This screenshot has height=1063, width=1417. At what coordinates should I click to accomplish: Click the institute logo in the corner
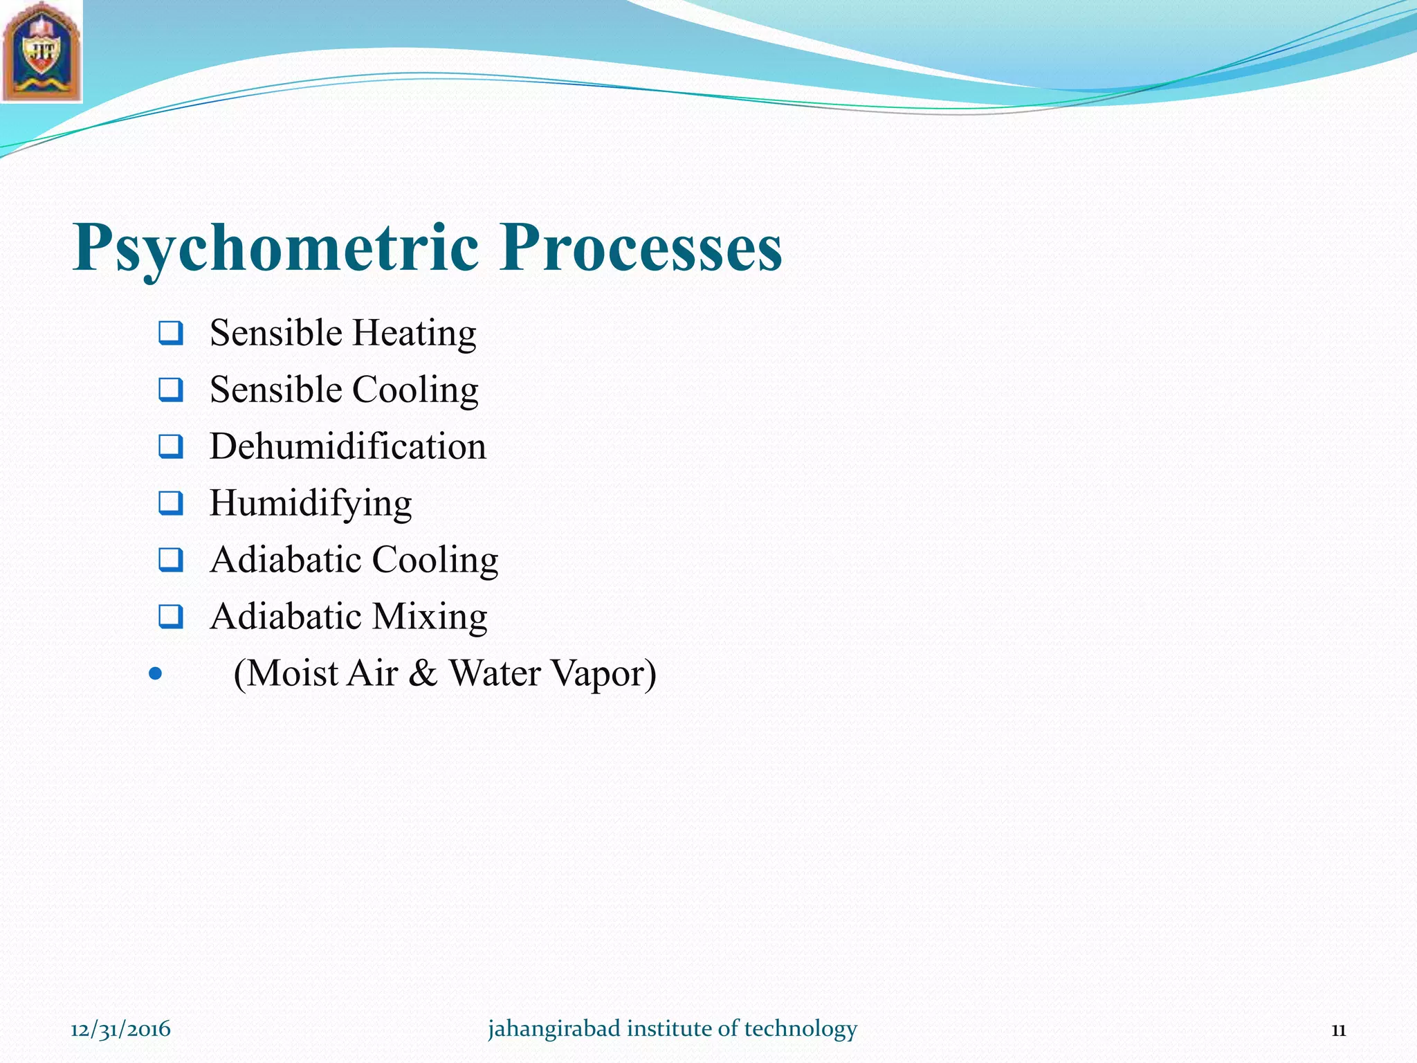(x=42, y=52)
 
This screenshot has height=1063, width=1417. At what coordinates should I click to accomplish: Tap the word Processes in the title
(x=641, y=248)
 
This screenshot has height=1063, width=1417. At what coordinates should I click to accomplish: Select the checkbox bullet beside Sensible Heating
(x=170, y=334)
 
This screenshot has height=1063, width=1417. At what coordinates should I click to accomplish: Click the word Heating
(x=414, y=334)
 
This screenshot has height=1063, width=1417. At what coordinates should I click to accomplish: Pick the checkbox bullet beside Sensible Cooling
(x=170, y=390)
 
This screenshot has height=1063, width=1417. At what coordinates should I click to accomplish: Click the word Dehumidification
(x=347, y=446)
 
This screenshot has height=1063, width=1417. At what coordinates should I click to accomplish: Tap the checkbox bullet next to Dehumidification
(x=170, y=447)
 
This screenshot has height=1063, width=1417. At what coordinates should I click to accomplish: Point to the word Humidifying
(x=311, y=504)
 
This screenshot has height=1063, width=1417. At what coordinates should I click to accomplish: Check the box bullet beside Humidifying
(x=170, y=504)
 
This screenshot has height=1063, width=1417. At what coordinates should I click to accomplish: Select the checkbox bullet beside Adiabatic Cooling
(x=170, y=560)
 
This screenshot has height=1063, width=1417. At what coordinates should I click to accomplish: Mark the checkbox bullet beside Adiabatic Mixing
(x=170, y=617)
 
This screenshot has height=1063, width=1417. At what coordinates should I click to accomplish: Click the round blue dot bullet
(x=156, y=673)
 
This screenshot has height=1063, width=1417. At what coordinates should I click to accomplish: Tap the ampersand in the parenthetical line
(x=423, y=673)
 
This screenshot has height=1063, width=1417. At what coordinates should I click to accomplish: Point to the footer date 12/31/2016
(x=120, y=1029)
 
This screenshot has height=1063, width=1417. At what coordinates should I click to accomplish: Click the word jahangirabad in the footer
(x=554, y=1029)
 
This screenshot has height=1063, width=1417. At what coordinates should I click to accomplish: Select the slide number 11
(x=1338, y=1030)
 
